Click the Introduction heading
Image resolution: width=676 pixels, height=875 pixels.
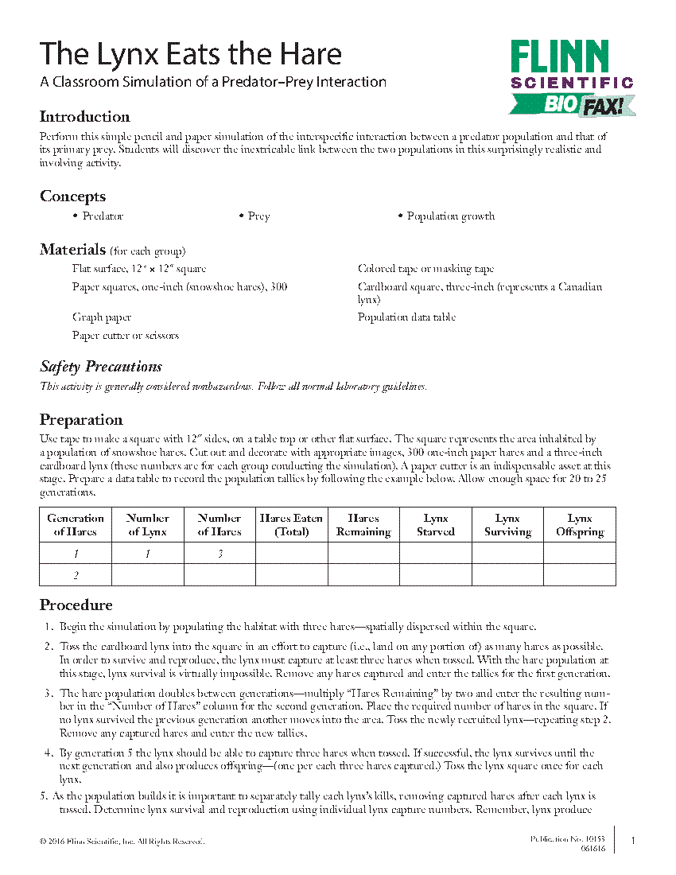(85, 117)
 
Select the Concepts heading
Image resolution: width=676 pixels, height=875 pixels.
(72, 196)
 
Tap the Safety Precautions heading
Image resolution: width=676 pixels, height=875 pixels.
(101, 367)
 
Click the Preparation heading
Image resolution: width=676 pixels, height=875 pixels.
(81, 420)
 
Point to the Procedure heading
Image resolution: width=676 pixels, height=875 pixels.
(76, 605)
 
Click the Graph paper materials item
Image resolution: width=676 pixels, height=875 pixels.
(102, 317)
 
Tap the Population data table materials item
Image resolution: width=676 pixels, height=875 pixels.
(406, 317)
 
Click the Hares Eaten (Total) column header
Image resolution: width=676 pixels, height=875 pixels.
(291, 525)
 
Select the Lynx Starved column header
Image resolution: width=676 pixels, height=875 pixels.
(436, 525)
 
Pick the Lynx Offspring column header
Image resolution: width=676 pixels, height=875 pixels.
(580, 525)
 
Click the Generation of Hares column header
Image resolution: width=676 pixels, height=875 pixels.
(76, 525)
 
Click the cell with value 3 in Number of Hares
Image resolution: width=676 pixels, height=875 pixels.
(220, 554)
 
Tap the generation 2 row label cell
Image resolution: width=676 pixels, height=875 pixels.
(76, 575)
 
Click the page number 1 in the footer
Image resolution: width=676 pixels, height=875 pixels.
(632, 841)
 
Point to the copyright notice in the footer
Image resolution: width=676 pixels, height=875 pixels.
(122, 841)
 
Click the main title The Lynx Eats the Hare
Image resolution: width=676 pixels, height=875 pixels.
(191, 53)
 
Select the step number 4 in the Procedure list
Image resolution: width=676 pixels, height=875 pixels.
(49, 752)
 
